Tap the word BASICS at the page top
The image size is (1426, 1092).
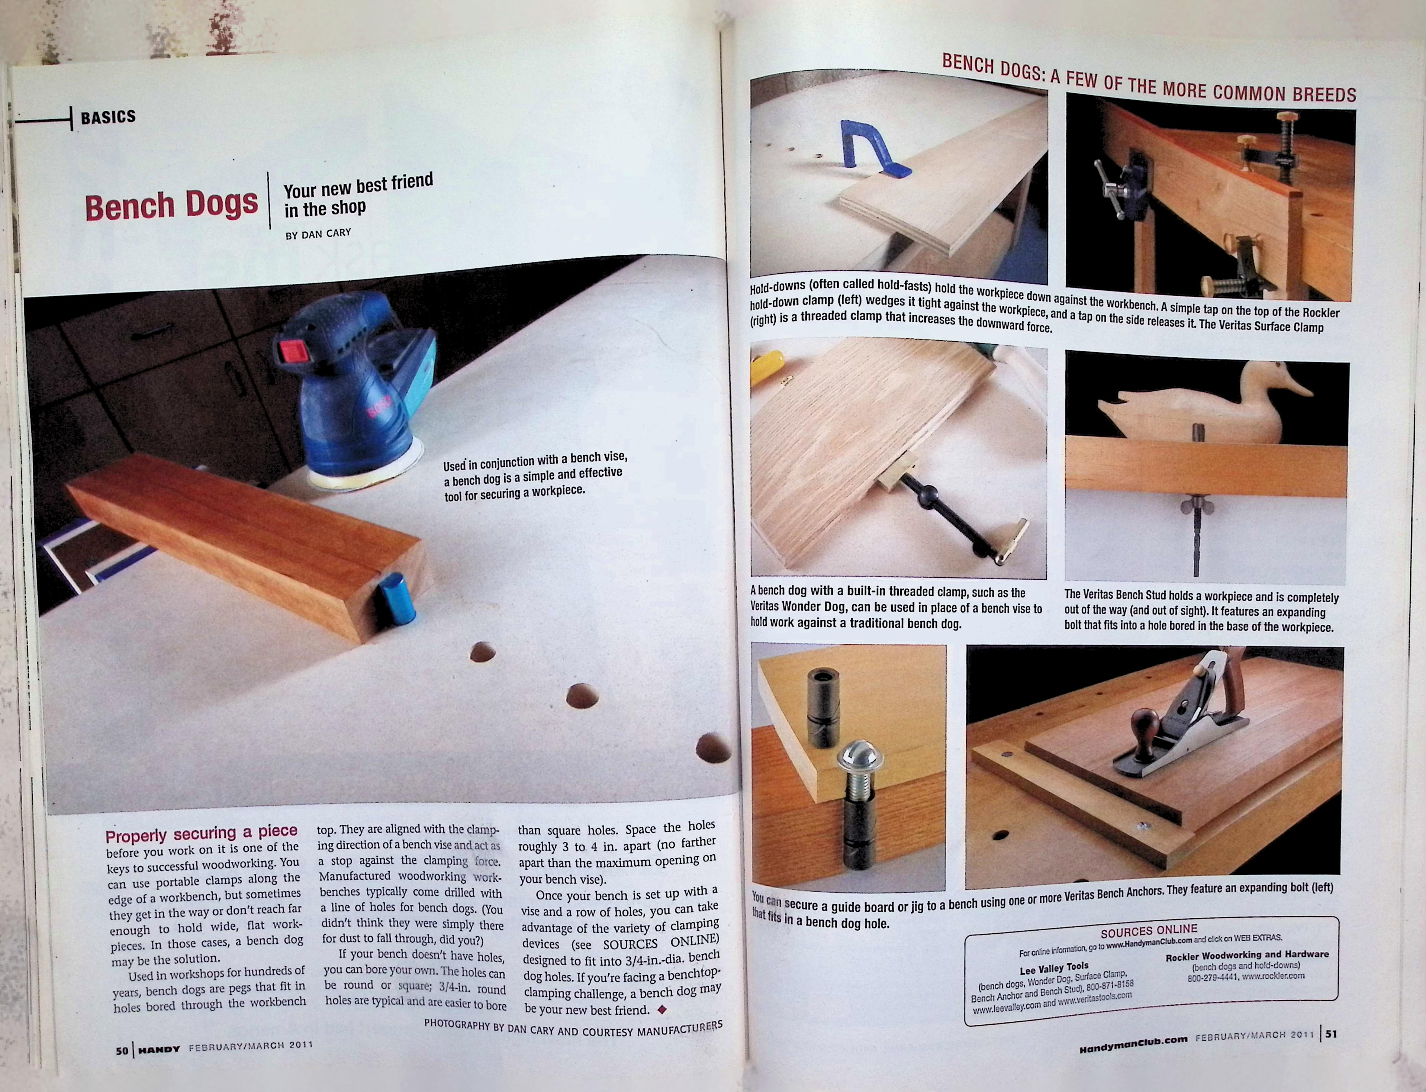108,117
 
